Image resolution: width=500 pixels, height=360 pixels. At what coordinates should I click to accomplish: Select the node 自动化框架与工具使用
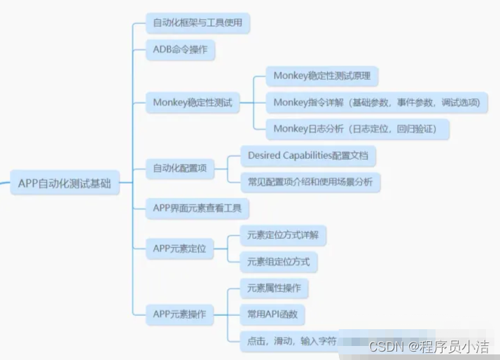198,22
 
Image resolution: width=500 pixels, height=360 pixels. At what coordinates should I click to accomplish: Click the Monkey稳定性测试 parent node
192,103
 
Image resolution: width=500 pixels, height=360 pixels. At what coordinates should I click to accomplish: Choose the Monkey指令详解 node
377,102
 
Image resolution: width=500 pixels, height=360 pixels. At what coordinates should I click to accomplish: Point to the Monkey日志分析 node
357,129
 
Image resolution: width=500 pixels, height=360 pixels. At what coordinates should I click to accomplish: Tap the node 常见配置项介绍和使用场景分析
310,182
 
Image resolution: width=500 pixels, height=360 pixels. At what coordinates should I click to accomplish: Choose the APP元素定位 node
180,248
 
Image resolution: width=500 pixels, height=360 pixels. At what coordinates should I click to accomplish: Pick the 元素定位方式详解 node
283,235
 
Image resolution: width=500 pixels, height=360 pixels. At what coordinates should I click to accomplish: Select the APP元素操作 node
180,314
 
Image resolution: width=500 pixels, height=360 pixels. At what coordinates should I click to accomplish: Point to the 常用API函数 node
272,314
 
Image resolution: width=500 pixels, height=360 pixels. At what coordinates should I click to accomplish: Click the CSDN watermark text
429,347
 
